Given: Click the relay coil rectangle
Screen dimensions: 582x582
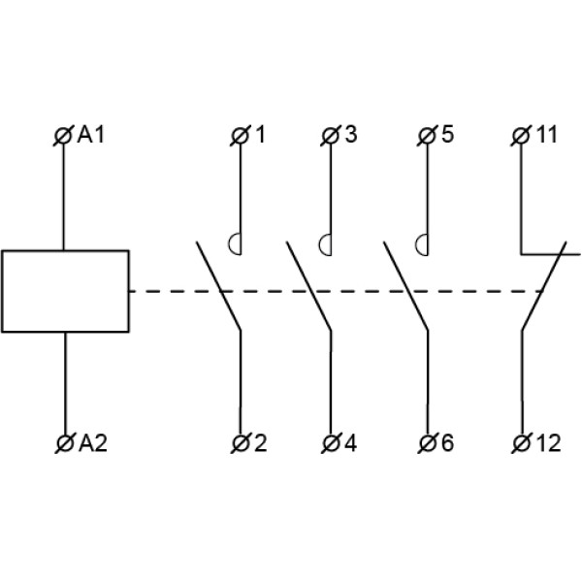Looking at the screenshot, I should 65,291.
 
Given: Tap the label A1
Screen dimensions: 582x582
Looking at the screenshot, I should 91,135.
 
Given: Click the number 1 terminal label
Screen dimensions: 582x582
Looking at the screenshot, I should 259,135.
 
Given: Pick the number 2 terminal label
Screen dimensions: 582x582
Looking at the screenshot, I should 259,444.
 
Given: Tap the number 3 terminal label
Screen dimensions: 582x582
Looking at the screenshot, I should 350,135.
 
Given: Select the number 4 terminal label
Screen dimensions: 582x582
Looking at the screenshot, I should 350,444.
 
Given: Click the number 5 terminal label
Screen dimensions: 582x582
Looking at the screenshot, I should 446,135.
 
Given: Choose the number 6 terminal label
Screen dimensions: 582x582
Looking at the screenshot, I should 446,444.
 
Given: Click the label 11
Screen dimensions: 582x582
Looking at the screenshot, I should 547,135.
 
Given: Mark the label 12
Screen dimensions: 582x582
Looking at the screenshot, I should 547,444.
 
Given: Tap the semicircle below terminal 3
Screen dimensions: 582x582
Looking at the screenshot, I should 327,243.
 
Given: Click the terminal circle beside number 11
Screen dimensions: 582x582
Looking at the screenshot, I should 522,136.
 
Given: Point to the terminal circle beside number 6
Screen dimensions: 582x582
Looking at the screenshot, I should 427,444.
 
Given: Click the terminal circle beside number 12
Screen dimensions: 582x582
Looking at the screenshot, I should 522,444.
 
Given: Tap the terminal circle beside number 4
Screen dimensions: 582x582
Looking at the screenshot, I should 331,444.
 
